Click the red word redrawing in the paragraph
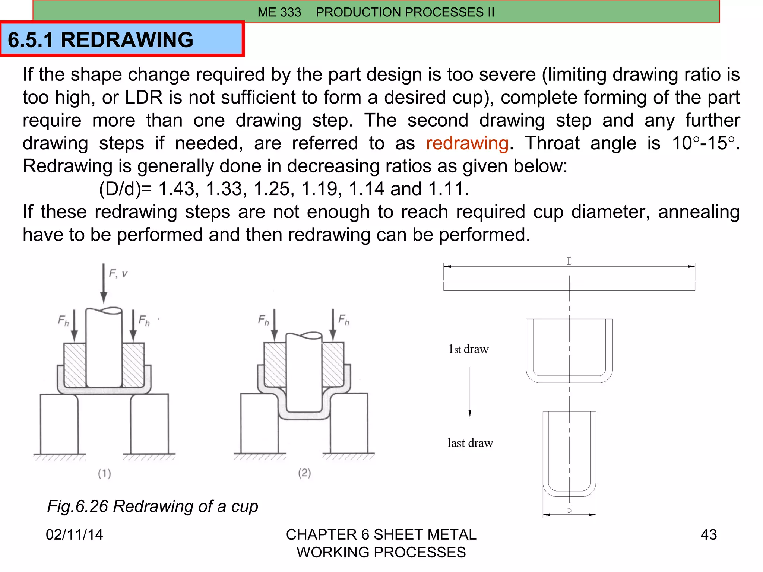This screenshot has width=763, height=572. (467, 143)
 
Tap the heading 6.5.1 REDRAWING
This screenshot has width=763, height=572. (101, 40)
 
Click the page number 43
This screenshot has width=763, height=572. (708, 534)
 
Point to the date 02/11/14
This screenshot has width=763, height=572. (74, 534)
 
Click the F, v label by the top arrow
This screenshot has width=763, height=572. (118, 274)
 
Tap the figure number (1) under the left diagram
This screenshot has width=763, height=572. (104, 473)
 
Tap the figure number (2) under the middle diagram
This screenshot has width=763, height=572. (304, 473)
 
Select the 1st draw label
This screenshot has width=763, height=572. (469, 349)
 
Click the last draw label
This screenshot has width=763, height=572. (470, 443)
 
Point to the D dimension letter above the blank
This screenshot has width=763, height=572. (569, 261)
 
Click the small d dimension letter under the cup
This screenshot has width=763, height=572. (569, 510)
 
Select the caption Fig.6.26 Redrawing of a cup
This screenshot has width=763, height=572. (152, 506)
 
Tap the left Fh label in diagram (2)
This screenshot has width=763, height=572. (263, 320)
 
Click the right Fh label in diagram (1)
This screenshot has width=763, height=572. (144, 320)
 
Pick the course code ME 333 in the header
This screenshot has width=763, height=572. (279, 12)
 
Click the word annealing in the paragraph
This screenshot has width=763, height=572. (699, 212)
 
